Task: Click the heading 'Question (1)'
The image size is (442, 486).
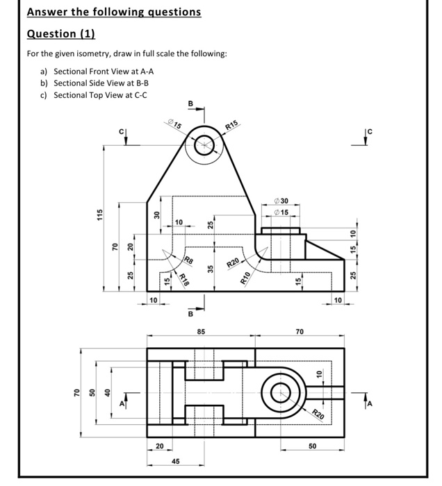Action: pyautogui.click(x=60, y=34)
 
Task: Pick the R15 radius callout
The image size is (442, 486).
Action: pyautogui.click(x=232, y=126)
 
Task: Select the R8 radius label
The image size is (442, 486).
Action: pyautogui.click(x=188, y=260)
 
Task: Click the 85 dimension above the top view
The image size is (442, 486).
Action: pyautogui.click(x=201, y=333)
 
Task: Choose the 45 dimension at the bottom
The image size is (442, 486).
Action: pyautogui.click(x=177, y=461)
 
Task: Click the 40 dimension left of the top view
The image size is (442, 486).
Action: pyautogui.click(x=107, y=393)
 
